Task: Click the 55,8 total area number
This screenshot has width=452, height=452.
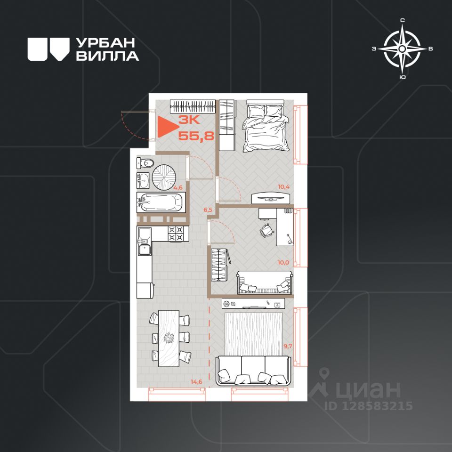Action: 196,135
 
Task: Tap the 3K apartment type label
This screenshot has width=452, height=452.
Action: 189,119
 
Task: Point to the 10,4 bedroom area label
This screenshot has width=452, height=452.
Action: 283,186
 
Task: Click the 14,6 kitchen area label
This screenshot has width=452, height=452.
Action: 196,382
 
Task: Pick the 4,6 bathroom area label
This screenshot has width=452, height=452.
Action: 178,188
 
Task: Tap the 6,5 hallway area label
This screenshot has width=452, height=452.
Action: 208,210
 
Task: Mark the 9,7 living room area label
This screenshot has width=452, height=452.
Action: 288,346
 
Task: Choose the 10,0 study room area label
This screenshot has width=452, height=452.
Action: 283,263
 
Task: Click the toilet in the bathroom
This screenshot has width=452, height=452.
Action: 145,163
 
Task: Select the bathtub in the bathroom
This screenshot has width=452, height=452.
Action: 161,202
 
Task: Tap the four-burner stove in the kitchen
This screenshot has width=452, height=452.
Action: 176,233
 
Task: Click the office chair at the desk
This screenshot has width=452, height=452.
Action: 266,230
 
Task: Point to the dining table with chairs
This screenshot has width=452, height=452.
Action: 170,338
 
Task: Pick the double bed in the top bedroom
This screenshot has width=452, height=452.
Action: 266,126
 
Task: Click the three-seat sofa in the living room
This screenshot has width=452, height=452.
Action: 253,371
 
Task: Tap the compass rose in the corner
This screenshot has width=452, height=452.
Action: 402,49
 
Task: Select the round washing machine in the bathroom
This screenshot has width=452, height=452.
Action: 164,178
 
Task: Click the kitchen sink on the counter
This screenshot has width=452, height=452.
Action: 145,250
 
